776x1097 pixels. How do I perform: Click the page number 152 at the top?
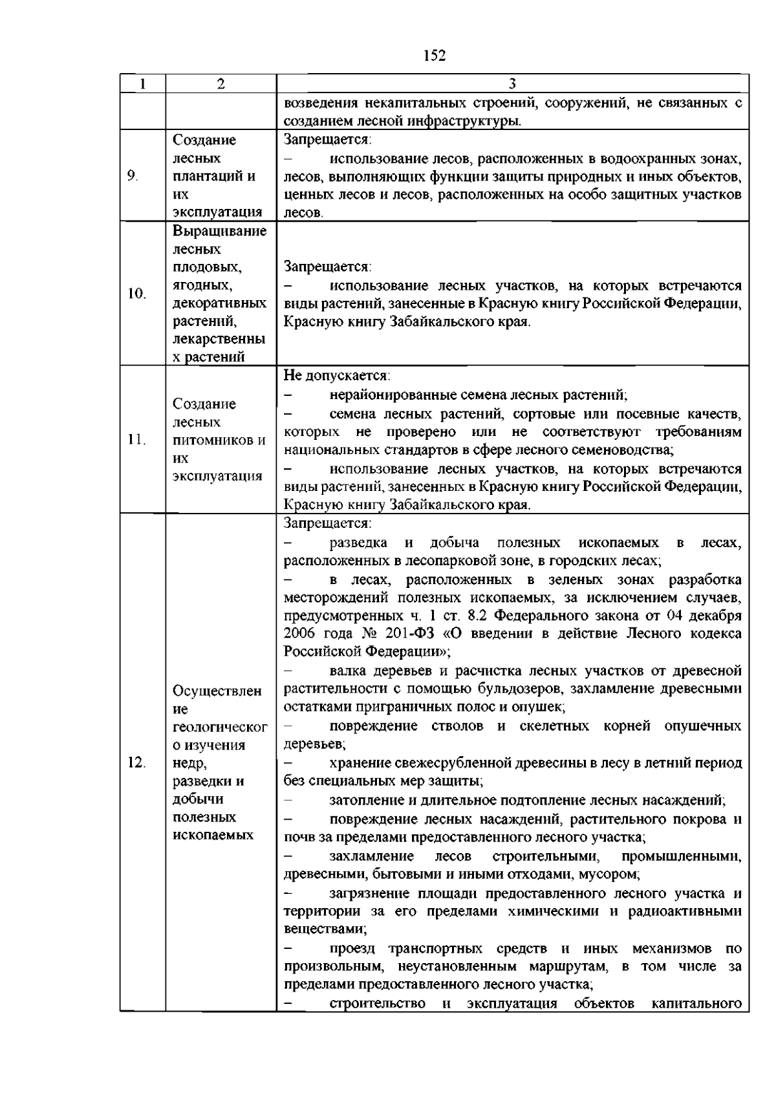[x=435, y=56]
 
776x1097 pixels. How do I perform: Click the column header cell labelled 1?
[x=142, y=84]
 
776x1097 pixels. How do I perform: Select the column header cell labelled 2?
[x=221, y=84]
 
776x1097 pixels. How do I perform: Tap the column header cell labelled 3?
[x=512, y=84]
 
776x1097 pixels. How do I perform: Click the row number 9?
[x=133, y=176]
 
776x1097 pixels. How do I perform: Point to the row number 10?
[x=136, y=294]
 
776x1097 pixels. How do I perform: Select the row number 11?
[x=136, y=440]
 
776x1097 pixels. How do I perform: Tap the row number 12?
[x=136, y=763]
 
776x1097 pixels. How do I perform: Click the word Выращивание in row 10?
[x=220, y=231]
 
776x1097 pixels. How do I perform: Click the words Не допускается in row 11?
[x=336, y=376]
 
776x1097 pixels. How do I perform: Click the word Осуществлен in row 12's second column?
[x=217, y=691]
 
